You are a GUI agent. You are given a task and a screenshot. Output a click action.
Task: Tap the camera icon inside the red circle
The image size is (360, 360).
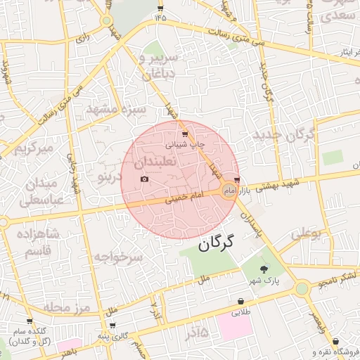tap(145, 179)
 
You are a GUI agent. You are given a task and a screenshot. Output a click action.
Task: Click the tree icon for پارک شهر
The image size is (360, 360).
tap(264, 269)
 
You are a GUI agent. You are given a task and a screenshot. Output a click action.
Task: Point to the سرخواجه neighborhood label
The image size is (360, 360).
tap(119, 258)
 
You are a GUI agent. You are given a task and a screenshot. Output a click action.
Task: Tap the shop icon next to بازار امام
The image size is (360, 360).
tap(236, 179)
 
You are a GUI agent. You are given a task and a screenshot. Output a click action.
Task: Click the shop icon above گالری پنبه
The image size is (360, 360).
tap(112, 326)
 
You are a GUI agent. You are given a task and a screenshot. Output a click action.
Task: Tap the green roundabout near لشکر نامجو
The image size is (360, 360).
tap(302, 288)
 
